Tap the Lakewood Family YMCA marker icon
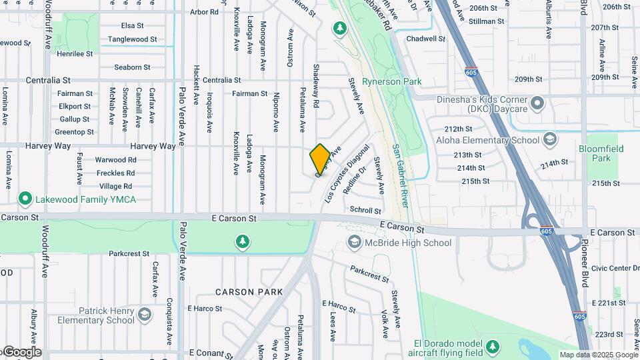(25, 199)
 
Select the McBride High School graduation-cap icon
(354, 243)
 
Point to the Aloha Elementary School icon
(549, 140)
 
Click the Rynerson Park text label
(392, 81)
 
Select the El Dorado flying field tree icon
(492, 347)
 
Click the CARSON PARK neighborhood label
(249, 292)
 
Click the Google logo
(23, 352)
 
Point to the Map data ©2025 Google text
(598, 355)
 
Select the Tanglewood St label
(133, 39)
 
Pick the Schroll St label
(365, 209)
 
